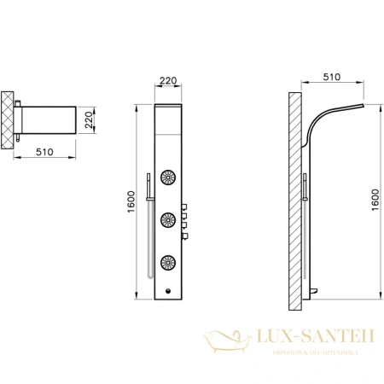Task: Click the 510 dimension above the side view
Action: (332, 77)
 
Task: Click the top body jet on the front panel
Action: (168, 180)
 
